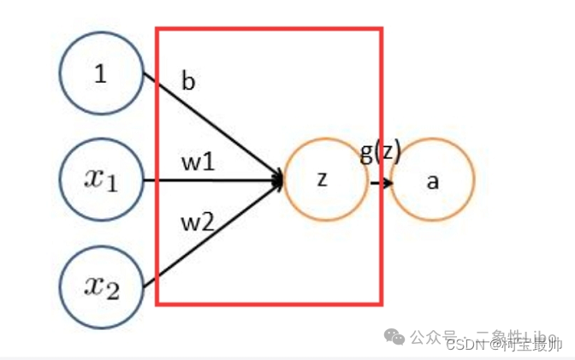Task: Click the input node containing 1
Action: click(101, 74)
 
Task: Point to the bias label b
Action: click(188, 82)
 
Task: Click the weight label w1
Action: click(197, 162)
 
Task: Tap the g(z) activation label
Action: click(381, 155)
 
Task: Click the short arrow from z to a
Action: click(381, 181)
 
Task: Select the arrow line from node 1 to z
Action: click(214, 127)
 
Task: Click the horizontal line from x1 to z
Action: click(214, 180)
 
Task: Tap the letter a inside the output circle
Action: click(433, 181)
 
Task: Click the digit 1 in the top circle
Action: click(101, 74)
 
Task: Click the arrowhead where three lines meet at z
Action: click(277, 180)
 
